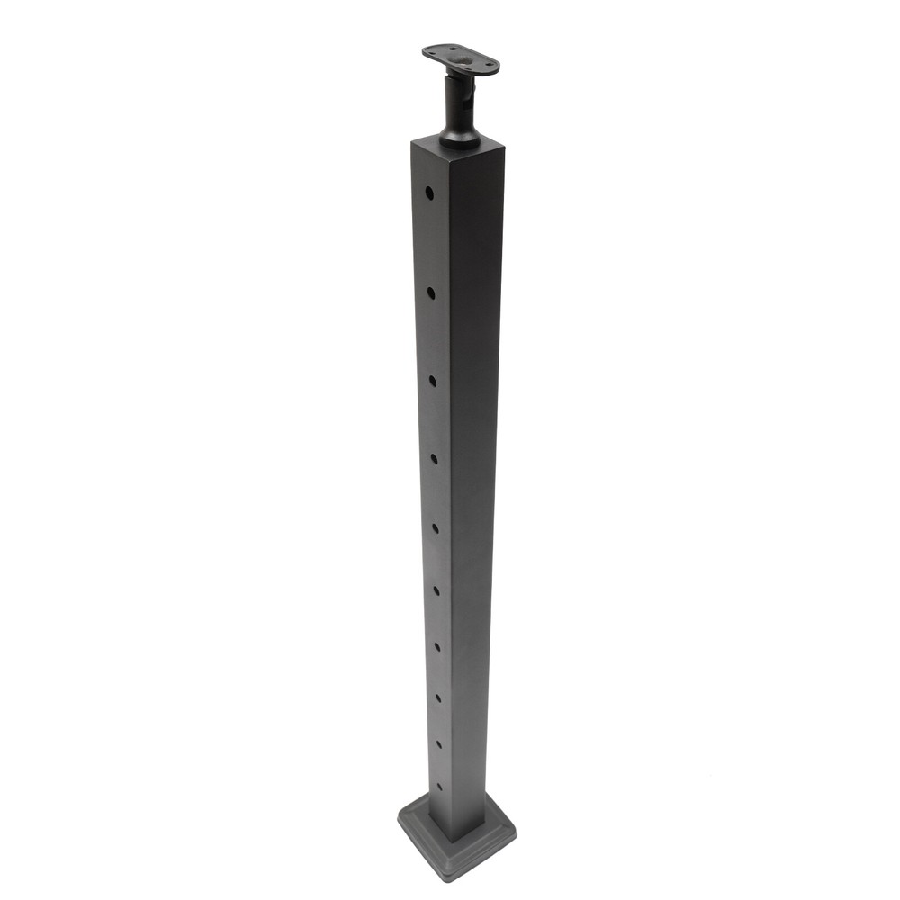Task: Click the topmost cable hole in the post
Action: click(x=429, y=193)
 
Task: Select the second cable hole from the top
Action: click(x=431, y=292)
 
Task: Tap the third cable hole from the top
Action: click(x=432, y=381)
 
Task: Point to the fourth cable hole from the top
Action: click(x=434, y=459)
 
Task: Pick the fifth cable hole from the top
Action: click(x=435, y=528)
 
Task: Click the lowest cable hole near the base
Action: click(x=439, y=786)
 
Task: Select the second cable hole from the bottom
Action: click(x=438, y=743)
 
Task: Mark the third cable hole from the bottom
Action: click(x=437, y=697)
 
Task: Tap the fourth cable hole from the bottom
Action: click(x=436, y=645)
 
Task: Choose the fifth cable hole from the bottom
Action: click(x=436, y=589)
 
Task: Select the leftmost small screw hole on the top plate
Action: click(x=430, y=53)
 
